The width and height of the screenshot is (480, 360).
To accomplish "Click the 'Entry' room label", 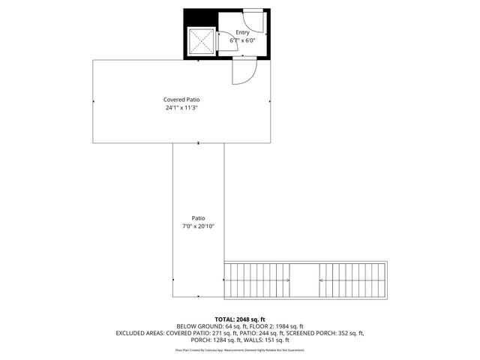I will point(242,32).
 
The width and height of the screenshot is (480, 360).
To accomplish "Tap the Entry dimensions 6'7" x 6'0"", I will point(242,40).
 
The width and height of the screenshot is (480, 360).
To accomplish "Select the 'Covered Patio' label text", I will point(181,99).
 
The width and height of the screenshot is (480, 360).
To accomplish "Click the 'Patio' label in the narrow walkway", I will point(198,218).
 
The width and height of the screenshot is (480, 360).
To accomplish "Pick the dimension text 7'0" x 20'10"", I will point(198,226).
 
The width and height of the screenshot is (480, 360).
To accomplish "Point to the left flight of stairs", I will point(256,280).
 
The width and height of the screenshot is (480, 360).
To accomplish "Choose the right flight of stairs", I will point(353,280).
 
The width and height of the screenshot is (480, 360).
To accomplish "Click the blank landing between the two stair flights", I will point(304,280).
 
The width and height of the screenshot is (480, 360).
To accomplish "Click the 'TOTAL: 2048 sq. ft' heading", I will point(240,319).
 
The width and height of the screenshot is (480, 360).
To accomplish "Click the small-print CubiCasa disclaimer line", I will point(240,350).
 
